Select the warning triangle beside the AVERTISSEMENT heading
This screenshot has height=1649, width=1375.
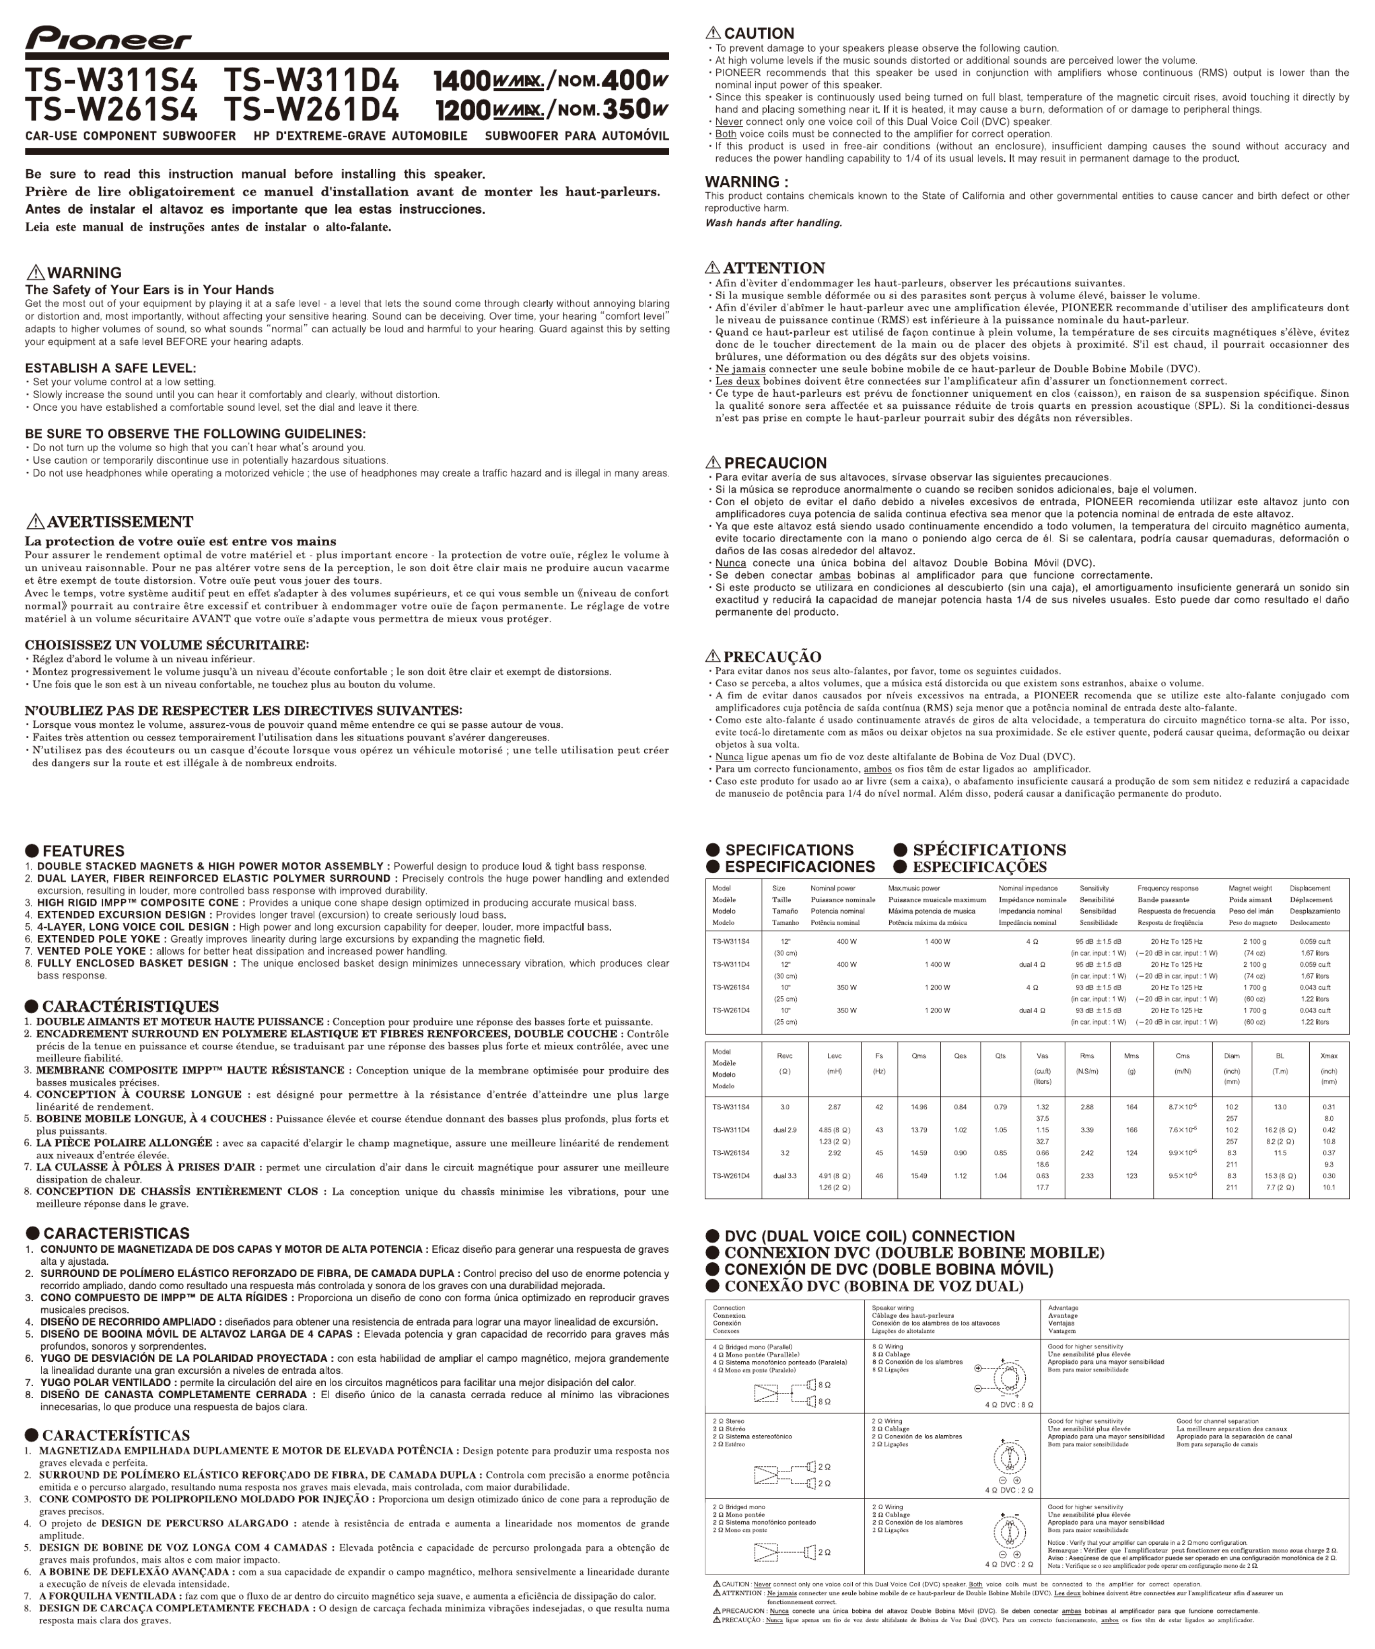click(x=36, y=521)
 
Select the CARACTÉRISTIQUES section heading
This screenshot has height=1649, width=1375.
click(x=130, y=1006)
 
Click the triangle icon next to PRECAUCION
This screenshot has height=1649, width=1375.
click(x=713, y=463)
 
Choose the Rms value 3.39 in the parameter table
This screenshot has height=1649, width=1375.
click(x=1087, y=1130)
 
